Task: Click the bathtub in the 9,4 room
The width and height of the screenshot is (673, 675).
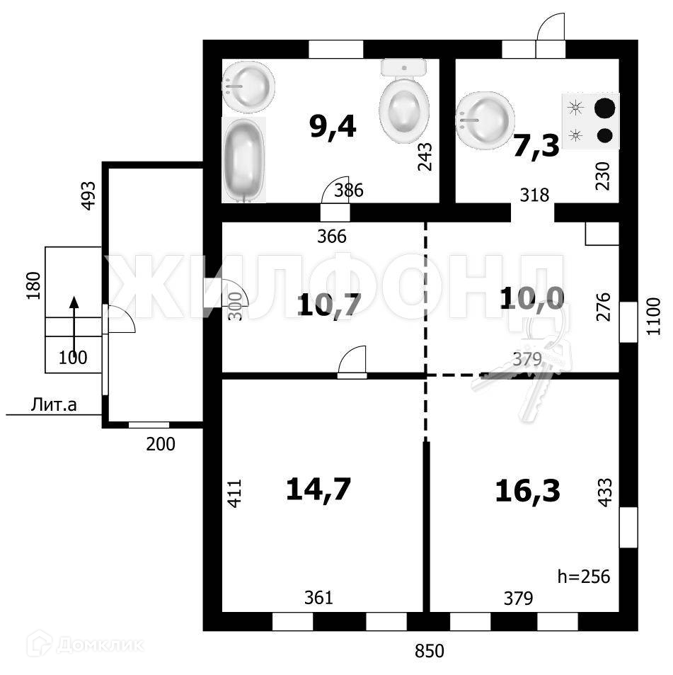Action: click(245, 159)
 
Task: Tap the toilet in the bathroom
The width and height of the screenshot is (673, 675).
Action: click(404, 102)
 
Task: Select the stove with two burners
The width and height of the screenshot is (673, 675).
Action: click(591, 121)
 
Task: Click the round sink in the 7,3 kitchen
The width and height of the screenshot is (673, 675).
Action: click(485, 118)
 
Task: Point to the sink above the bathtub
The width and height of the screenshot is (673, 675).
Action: click(248, 86)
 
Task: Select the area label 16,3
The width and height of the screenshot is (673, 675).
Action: click(529, 490)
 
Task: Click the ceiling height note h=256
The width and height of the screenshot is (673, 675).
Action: click(584, 576)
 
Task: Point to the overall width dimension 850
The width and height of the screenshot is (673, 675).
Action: click(430, 650)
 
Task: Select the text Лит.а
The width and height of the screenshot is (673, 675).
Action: click(54, 405)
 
